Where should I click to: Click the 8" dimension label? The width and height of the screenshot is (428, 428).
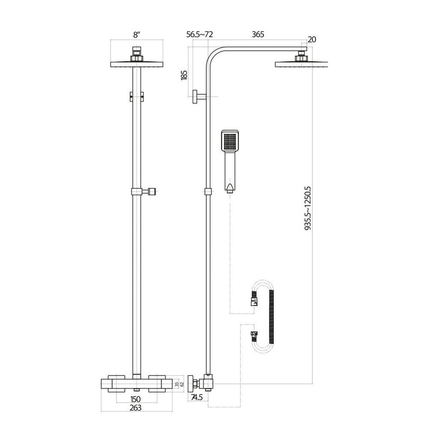pos(137,36)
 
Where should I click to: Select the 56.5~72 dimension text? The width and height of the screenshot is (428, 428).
pos(199,35)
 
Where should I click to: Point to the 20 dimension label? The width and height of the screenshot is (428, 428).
pos(312,39)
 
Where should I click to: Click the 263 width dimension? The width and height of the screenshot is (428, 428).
pos(136,408)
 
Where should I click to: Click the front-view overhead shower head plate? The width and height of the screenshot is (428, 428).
pos(137,64)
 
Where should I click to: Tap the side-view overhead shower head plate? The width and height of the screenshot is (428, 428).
pos(301,64)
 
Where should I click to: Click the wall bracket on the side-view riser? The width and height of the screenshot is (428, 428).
pos(198,97)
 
